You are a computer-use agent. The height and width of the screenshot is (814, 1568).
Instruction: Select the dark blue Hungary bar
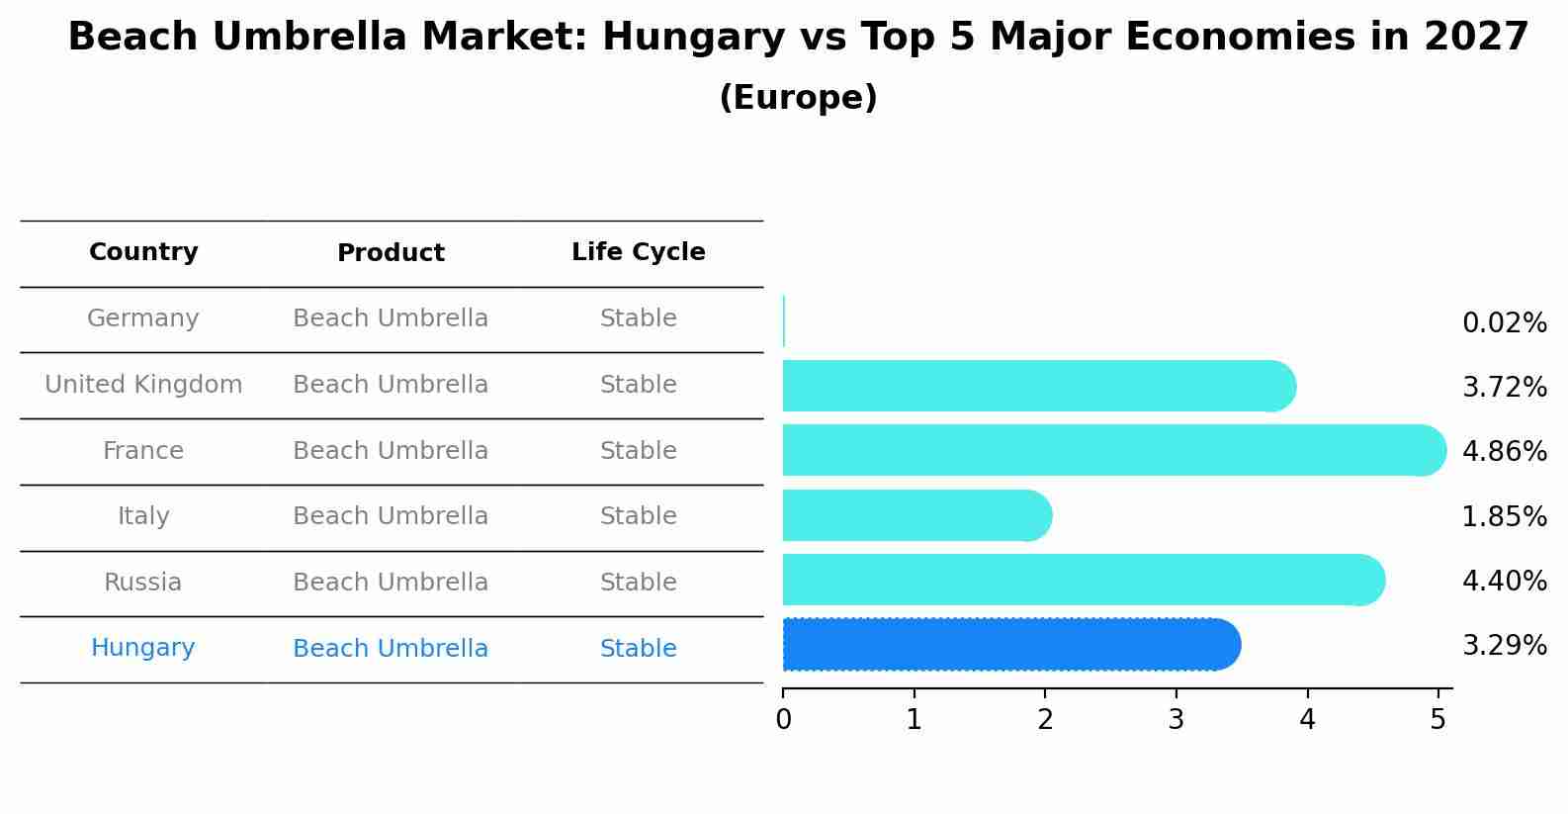pos(1008,645)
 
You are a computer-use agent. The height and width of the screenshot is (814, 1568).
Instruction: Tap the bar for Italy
pos(915,515)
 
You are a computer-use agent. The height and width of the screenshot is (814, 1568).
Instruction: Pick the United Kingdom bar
pos(1038,386)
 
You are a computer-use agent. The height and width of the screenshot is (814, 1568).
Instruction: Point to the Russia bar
pos(1083,580)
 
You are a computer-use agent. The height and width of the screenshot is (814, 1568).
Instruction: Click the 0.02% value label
pos(1504,323)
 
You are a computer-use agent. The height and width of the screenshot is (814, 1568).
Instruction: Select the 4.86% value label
pos(1504,452)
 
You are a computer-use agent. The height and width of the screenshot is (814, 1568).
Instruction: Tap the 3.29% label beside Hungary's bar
pos(1504,646)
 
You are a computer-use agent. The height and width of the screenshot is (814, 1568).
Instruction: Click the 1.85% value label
pos(1504,516)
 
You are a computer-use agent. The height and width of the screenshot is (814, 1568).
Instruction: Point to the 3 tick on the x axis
pos(1176,720)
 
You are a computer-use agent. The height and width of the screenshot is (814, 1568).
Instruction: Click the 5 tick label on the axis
pos(1437,720)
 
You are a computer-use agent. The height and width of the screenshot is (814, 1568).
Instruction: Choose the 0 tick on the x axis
pos(783,720)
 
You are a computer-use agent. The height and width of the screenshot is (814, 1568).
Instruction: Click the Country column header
pos(143,252)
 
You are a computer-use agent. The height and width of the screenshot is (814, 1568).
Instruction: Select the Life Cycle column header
pos(638,252)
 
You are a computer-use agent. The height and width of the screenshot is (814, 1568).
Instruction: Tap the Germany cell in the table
pos(143,318)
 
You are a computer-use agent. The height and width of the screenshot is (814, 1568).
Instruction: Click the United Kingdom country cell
pos(143,385)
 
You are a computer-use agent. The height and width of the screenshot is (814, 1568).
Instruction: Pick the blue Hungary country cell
pos(143,648)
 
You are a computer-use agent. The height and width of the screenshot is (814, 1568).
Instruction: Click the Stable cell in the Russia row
pos(638,583)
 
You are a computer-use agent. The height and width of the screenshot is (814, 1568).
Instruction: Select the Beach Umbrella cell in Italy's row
pos(391,516)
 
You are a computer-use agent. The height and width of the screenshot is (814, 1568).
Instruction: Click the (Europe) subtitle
pos(798,98)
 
